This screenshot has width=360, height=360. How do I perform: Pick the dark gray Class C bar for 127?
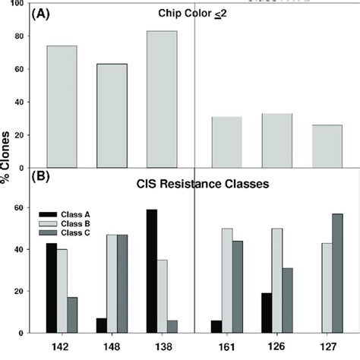[x=336, y=273]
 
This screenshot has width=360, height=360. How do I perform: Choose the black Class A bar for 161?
[x=219, y=327]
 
